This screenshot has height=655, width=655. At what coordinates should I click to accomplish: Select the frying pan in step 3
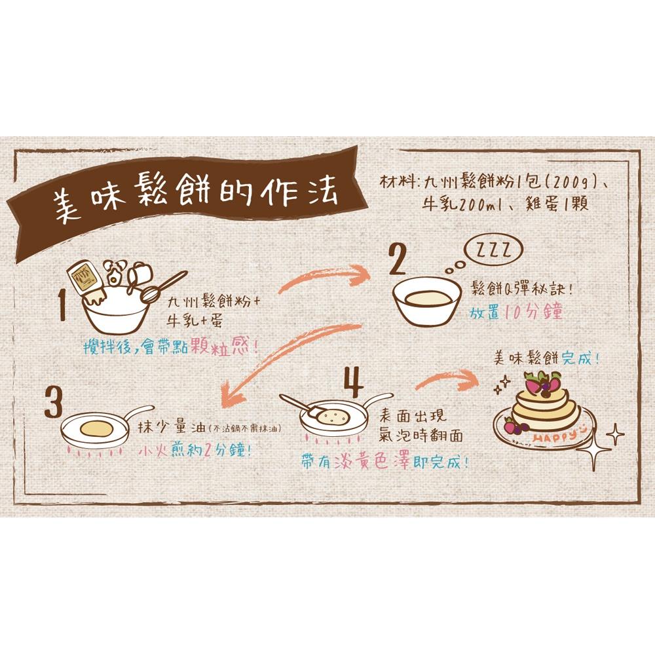(x=97, y=430)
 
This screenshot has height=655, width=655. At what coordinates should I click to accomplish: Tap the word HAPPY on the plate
(x=553, y=438)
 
